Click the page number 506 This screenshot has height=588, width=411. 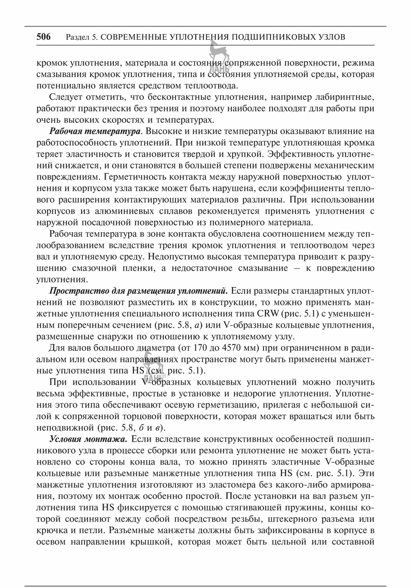(x=43, y=37)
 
